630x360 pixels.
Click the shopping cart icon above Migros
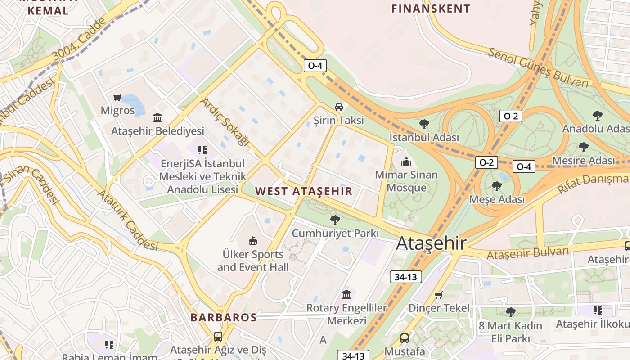pos(117,97)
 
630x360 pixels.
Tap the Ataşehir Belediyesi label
pos(157,131)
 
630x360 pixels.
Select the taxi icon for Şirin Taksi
pos(339,107)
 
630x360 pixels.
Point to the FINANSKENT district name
pos(431,9)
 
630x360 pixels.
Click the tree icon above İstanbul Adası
pos(424,124)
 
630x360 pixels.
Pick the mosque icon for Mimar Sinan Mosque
pos(406,161)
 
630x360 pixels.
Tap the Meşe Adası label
pos(497,199)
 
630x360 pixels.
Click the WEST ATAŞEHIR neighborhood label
pos(304,191)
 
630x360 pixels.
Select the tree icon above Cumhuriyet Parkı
pos(335,220)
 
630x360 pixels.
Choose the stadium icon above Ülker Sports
pos(253,241)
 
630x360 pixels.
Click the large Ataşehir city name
pos(431,243)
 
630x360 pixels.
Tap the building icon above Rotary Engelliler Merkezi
pos(346,294)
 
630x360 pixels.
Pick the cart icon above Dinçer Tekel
pos(439,295)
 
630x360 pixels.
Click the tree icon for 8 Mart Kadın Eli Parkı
pos(510,312)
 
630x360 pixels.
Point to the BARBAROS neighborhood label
pos(223,317)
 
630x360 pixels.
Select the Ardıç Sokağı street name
pos(225,121)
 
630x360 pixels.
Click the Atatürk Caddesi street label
pos(128,220)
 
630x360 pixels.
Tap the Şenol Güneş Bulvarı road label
pos(539,68)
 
